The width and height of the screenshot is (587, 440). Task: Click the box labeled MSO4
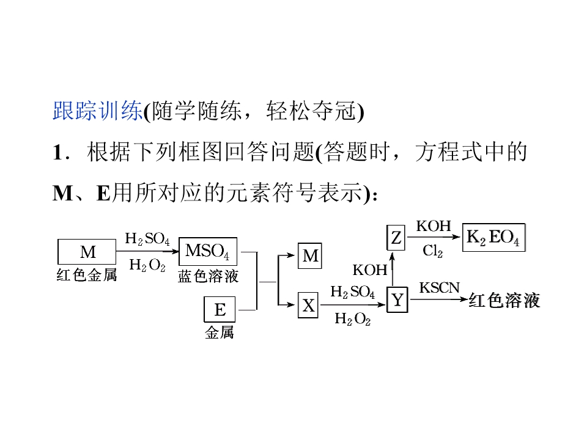[208, 251]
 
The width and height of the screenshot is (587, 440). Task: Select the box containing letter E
[220, 309]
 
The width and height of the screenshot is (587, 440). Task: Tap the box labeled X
[308, 306]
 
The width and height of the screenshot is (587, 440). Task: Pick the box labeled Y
[397, 299]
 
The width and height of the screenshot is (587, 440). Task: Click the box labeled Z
[396, 238]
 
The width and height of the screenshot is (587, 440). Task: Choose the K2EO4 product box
[494, 238]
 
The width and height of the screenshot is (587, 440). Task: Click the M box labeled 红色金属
[87, 252]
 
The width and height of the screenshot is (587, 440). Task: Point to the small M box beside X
[310, 256]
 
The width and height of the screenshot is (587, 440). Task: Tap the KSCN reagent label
[439, 288]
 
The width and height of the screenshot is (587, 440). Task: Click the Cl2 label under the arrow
[433, 251]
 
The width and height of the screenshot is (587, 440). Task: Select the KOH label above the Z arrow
[434, 226]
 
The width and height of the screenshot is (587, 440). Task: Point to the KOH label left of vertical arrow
[369, 269]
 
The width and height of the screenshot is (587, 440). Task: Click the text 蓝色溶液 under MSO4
[208, 276]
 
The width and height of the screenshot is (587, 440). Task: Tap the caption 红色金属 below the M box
[87, 275]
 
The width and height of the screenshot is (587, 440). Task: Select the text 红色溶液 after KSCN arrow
[504, 301]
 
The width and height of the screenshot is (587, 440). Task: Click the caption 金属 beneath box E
[220, 332]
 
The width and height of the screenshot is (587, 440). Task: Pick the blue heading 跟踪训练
[97, 111]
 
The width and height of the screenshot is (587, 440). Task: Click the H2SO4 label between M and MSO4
[147, 238]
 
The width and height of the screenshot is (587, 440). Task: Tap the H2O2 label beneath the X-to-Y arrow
[353, 319]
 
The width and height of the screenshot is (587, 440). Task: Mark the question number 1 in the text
[58, 153]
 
